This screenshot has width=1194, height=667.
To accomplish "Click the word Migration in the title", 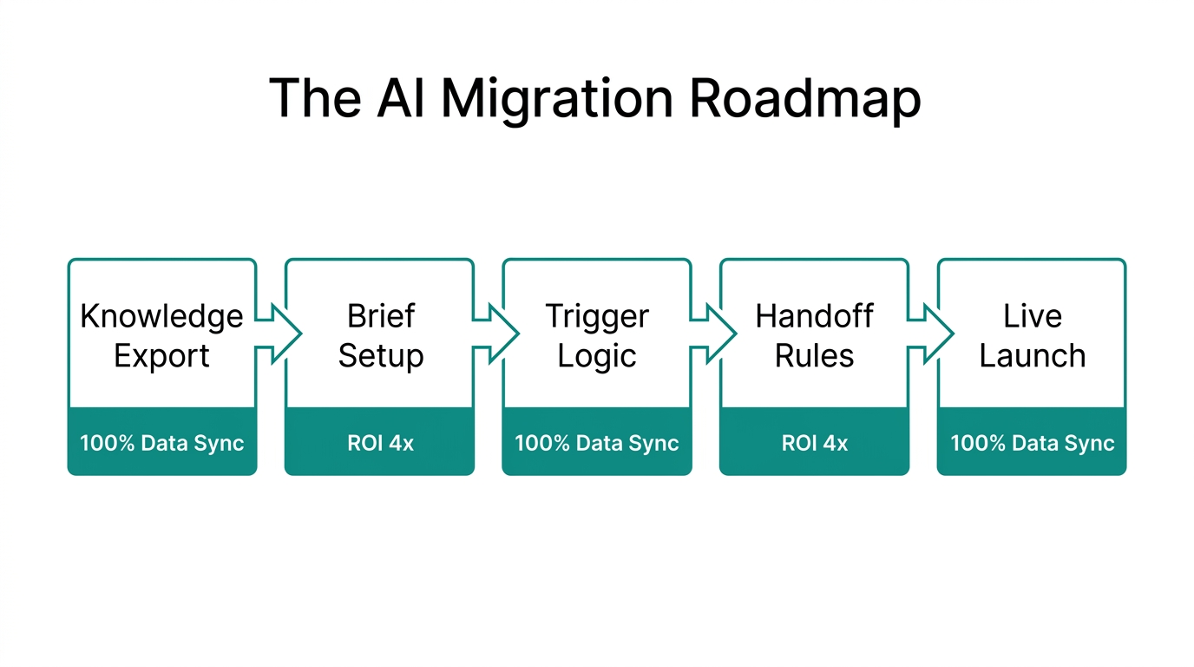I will (557, 98).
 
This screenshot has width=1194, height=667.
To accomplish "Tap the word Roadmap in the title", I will (804, 98).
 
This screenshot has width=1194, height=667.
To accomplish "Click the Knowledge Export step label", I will (162, 335).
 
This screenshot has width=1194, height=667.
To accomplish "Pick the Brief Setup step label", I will (380, 335).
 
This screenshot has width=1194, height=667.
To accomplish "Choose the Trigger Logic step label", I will (597, 335).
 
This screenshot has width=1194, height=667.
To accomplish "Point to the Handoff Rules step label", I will (815, 335).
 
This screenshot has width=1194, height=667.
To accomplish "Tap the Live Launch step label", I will (1032, 335).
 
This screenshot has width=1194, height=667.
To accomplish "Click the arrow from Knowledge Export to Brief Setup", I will (279, 333).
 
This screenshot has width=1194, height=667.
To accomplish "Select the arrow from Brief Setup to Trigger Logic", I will (497, 333).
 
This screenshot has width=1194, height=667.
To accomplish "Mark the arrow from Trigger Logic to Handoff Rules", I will (715, 333).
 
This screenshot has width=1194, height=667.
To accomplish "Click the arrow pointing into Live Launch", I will (932, 333).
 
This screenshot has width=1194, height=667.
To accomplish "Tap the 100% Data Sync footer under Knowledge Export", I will (162, 443).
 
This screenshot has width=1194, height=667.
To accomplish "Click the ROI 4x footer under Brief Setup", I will (380, 443).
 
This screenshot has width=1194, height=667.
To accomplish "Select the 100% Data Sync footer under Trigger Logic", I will (597, 443).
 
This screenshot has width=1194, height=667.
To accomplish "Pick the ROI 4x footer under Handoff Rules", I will (815, 443).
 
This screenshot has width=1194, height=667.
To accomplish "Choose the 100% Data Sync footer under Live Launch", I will (1032, 443).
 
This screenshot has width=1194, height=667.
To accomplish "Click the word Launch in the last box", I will (1032, 356).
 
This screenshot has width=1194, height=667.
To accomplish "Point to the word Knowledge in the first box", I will (162, 316).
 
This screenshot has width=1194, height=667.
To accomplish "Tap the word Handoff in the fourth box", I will (815, 316).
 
